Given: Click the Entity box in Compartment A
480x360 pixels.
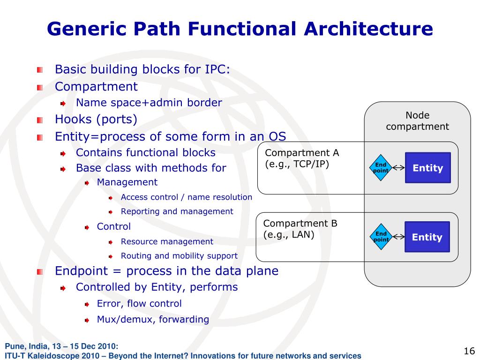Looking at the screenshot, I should (427, 168).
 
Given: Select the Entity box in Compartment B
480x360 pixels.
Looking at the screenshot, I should (427, 237).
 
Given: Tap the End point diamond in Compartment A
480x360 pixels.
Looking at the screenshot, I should (381, 168).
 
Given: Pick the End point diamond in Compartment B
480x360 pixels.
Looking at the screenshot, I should (381, 237).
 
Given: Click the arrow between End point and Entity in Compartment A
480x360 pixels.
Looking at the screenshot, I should (398, 168).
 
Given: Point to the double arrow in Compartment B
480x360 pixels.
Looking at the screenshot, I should (398, 237).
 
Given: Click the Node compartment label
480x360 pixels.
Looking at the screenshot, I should (417, 121).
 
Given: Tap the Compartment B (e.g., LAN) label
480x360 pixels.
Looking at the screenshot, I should (300, 229).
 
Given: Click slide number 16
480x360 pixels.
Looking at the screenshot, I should (469, 351).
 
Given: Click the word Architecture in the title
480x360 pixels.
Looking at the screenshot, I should (368, 29).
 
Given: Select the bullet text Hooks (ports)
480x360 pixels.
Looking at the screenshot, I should (96, 120).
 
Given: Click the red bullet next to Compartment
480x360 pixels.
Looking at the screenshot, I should (40, 87).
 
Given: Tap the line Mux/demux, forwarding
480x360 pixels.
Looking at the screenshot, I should (153, 319).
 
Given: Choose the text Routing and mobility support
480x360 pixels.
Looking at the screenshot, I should (179, 256).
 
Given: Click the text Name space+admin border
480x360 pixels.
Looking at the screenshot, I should (149, 103).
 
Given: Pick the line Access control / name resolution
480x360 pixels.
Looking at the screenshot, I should (186, 197).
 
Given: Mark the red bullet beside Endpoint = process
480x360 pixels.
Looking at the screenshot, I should (40, 271).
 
